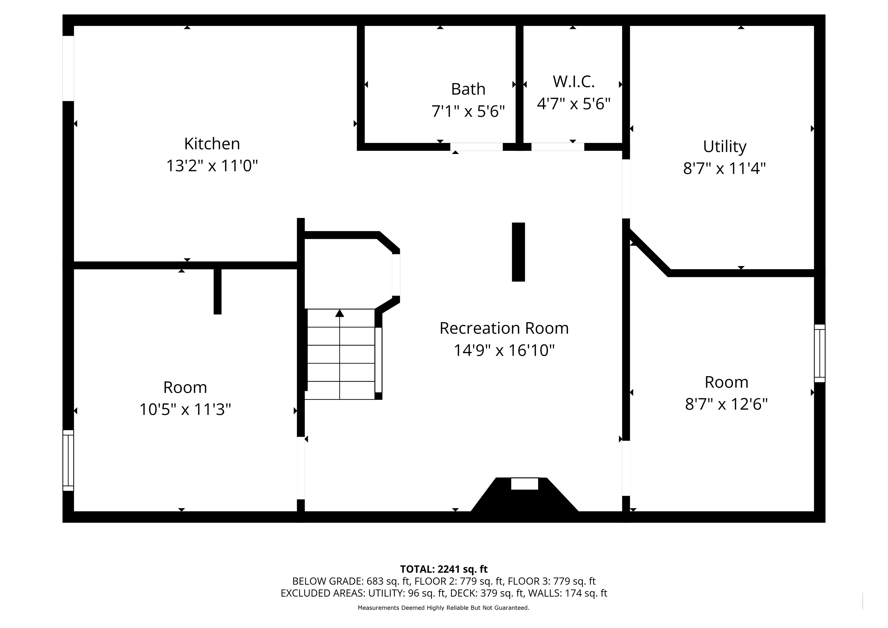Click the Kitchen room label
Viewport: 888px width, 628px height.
(x=212, y=144)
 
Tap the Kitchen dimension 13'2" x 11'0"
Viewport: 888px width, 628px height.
(x=212, y=166)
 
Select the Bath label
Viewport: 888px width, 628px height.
(x=468, y=89)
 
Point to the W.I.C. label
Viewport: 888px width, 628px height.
(x=574, y=82)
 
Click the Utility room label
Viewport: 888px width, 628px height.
(x=724, y=147)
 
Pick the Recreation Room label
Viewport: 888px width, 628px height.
(x=504, y=328)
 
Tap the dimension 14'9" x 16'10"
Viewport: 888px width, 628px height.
(x=504, y=350)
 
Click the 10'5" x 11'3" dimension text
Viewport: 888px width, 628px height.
(x=185, y=409)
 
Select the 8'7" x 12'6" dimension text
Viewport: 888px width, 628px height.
(x=726, y=404)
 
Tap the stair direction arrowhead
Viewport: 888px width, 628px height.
(x=339, y=313)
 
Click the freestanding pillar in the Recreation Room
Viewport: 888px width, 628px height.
(x=518, y=252)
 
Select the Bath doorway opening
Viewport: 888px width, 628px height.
(x=477, y=147)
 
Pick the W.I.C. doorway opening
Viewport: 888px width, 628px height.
(x=558, y=147)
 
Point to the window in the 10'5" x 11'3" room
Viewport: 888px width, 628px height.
(x=68, y=461)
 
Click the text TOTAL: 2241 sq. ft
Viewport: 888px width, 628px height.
(x=444, y=569)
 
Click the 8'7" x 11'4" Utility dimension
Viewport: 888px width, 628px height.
(x=724, y=169)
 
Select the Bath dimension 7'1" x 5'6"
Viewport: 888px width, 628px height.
(x=468, y=111)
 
